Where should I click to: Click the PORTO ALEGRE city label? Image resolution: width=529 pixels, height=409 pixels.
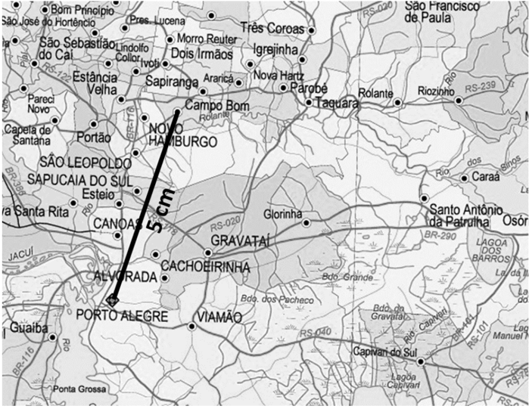pyautogui.click(x=122, y=315)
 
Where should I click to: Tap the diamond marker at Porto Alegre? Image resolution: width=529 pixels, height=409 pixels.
pyautogui.click(x=112, y=300)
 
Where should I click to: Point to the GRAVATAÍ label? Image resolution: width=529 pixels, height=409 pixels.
pyautogui.click(x=241, y=240)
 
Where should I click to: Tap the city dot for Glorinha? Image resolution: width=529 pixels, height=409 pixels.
pyautogui.click(x=306, y=223)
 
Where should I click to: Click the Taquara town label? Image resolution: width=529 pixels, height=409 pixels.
pyautogui.click(x=336, y=103)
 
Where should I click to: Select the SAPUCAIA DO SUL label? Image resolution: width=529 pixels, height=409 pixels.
pyautogui.click(x=79, y=179)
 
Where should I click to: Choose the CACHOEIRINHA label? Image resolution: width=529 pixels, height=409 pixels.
pyautogui.click(x=206, y=266)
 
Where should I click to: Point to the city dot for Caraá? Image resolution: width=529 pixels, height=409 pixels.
pyautogui.click(x=464, y=178)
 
